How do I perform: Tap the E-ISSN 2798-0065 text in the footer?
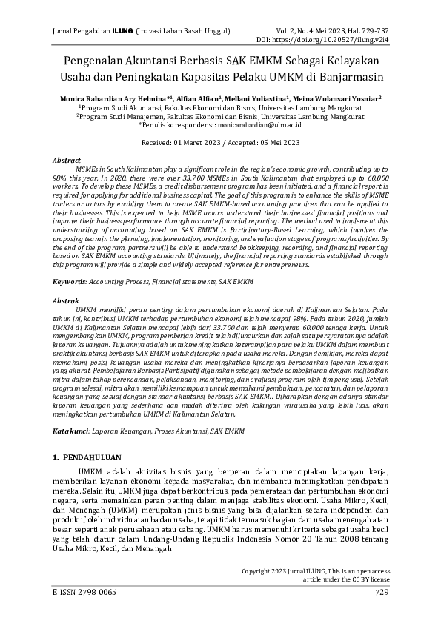tap(84, 593)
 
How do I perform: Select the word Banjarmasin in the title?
tap(357, 76)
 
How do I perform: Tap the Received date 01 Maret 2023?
tap(193, 141)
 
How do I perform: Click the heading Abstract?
tap(67, 160)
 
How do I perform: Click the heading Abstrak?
tap(66, 302)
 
